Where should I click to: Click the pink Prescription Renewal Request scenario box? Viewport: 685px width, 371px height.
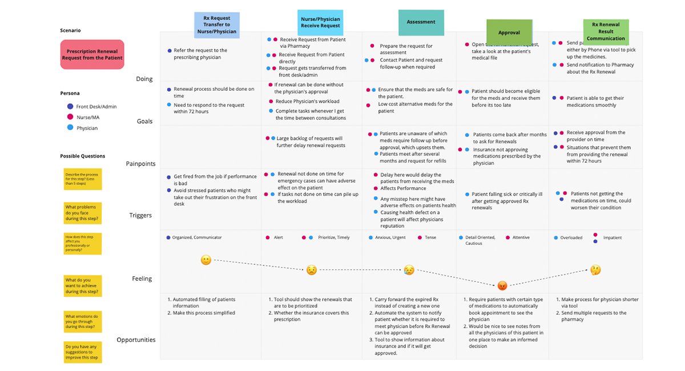[92, 55]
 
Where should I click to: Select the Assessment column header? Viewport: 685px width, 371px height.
[421, 23]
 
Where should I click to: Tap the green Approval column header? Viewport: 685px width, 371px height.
[509, 33]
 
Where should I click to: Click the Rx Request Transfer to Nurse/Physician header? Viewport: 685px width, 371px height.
[216, 25]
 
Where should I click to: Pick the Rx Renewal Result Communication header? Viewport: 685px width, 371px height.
[606, 31]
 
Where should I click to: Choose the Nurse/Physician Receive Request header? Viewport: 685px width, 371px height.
[320, 23]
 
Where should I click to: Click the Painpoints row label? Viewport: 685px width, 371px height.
[140, 164]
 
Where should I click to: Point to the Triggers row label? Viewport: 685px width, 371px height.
[140, 216]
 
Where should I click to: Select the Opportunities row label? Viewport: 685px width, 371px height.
[136, 340]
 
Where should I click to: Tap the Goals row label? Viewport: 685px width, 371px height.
[144, 122]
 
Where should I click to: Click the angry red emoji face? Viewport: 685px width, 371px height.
[502, 285]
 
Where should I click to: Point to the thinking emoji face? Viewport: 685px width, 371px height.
[595, 270]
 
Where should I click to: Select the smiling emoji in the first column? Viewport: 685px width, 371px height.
[206, 260]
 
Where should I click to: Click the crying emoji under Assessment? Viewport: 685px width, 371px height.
[409, 270]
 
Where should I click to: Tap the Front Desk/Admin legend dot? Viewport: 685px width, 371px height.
[70, 106]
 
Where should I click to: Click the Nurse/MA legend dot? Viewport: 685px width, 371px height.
[70, 117]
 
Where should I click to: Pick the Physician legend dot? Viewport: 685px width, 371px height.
[70, 128]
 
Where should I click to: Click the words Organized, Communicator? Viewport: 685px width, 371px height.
[197, 237]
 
